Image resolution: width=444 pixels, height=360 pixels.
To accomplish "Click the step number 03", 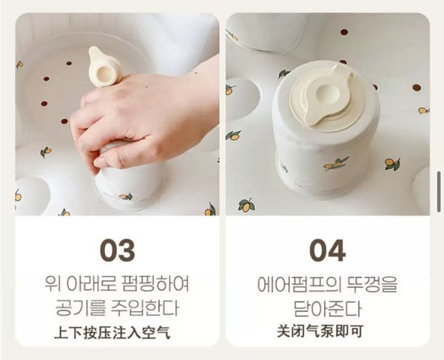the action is coord(117,250).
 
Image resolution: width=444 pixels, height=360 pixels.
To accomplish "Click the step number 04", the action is coord(327,250).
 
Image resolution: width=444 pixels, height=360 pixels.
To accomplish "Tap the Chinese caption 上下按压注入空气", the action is coord(112,332).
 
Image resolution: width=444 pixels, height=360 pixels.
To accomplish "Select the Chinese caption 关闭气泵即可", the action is coord(320,330).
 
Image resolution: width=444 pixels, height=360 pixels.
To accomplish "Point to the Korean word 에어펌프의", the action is coord(298,284).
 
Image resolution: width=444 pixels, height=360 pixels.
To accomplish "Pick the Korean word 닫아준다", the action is coord(327,309).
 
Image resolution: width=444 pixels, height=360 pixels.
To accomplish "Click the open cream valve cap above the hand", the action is coord(105,67).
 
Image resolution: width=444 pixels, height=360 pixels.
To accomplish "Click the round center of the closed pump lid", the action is coord(325,94).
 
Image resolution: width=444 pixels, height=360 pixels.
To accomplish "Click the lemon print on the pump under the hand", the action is coord(126,196).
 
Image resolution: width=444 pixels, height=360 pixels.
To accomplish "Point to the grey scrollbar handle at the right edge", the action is coord(439,192).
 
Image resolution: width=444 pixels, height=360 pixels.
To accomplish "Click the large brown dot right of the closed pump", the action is coord(416,87).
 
